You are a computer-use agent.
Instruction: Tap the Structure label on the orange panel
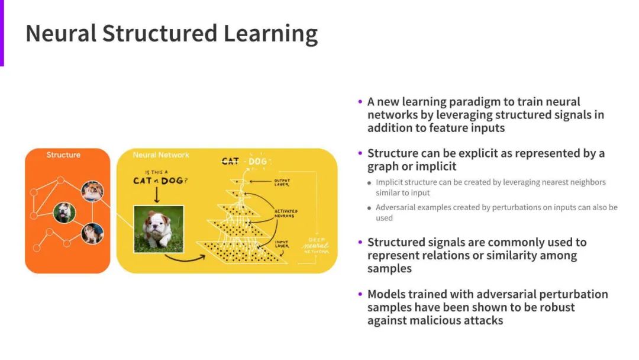pyautogui.click(x=63, y=155)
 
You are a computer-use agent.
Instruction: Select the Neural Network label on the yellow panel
pyautogui.click(x=161, y=155)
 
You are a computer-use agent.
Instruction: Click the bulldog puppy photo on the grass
pyautogui.click(x=159, y=229)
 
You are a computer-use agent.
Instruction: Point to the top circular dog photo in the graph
pyautogui.click(x=92, y=191)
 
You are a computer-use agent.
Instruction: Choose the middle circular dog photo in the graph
pyautogui.click(x=64, y=212)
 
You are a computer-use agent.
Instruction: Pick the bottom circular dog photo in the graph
pyautogui.click(x=92, y=233)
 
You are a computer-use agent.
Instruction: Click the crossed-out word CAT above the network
pyautogui.click(x=230, y=161)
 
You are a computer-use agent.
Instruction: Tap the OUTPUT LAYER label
pyautogui.click(x=281, y=182)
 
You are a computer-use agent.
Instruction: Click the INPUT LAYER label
pyautogui.click(x=282, y=243)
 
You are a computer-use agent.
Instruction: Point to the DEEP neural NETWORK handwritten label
pyautogui.click(x=315, y=246)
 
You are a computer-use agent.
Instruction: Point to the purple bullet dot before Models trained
pyautogui.click(x=360, y=294)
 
